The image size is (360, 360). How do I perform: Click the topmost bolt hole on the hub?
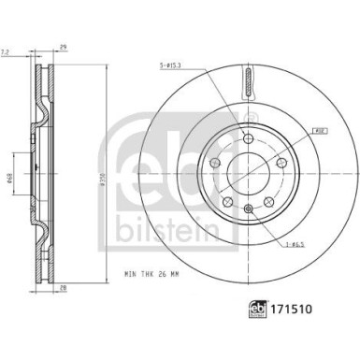[247, 138]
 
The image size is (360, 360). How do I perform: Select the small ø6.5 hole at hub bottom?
[247, 208]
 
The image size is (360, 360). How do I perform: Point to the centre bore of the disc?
[247, 172]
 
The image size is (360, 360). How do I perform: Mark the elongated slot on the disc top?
[247, 83]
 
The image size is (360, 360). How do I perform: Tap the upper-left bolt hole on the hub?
[215, 161]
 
